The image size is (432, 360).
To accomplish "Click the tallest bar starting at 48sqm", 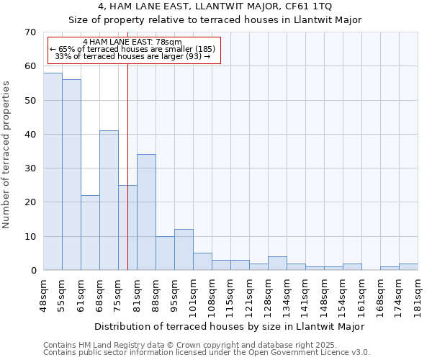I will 53,171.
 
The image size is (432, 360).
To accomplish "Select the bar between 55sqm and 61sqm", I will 71,175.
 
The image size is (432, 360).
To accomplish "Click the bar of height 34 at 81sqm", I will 146,212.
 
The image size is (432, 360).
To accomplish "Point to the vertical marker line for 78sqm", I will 127,166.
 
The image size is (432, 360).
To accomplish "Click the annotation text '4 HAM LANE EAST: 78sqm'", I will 132,42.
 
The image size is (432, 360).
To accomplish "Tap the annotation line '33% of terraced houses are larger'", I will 132,56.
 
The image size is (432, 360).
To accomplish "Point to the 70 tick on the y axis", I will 30,32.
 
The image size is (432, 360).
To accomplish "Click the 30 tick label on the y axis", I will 30,168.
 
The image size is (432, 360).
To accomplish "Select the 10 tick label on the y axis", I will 30,236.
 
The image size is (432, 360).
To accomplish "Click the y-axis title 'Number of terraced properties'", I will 7,154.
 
